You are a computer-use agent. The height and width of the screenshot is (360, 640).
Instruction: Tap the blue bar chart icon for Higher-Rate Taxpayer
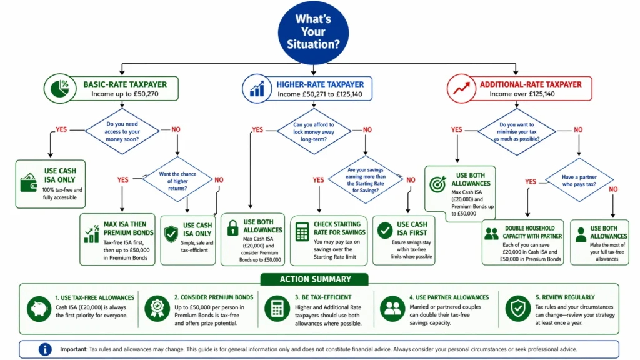pos(257,88)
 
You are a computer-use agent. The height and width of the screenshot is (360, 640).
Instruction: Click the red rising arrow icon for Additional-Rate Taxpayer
pos(462,88)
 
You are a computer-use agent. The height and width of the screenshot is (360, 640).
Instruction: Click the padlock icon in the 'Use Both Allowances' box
pos(233,227)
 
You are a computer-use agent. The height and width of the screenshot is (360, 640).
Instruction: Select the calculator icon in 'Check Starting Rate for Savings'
pos(303,232)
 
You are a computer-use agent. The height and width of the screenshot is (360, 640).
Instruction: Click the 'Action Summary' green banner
pos(315,279)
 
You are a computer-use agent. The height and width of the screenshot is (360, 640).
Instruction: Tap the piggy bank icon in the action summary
pos(39,307)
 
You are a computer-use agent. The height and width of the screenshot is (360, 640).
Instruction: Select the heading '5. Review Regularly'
pos(565,297)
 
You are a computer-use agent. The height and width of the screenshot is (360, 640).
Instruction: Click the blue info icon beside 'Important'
pos(45,349)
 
